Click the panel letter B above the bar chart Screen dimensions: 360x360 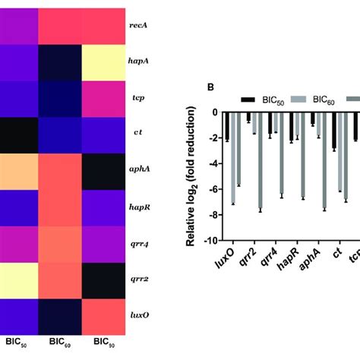pyautogui.click(x=210, y=87)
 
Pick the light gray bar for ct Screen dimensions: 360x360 pyautogui.click(x=339, y=152)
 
